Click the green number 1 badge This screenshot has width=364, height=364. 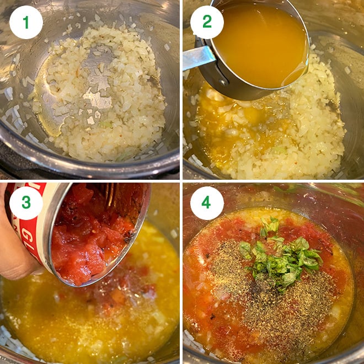click(x=26, y=22)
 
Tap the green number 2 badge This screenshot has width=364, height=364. click(x=207, y=22)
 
